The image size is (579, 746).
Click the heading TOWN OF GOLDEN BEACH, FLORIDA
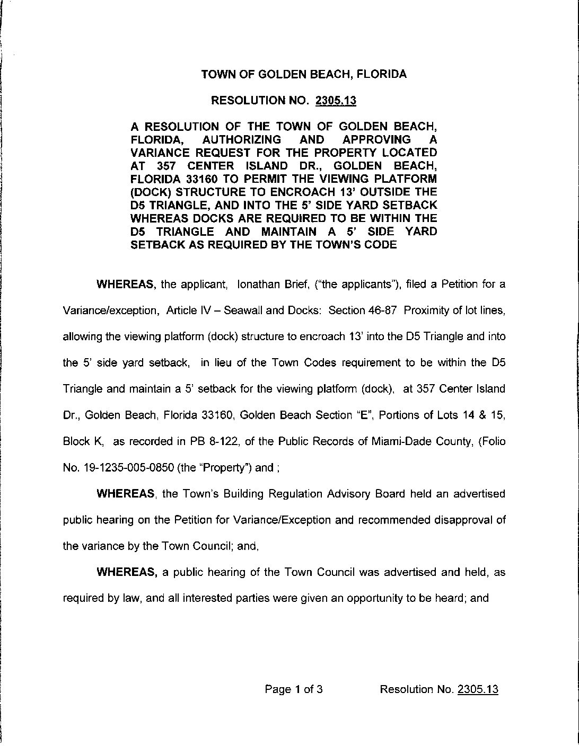click(304, 74)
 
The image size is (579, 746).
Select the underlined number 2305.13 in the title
click(336, 101)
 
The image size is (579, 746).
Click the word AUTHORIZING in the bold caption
click(242, 139)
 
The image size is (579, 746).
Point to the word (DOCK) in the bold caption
click(149, 192)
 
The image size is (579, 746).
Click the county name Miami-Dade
click(397, 441)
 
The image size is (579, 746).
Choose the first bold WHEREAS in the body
click(126, 285)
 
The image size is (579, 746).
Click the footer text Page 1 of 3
click(294, 689)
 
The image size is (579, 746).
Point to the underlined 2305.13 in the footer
click(477, 689)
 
